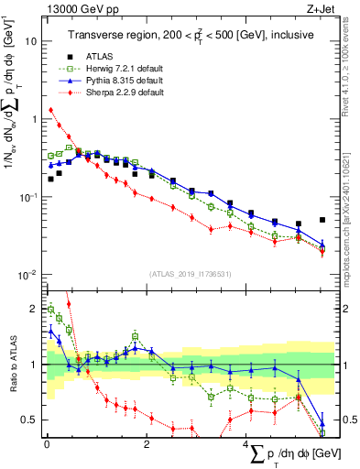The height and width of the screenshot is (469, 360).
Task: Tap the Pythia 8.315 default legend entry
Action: pyautogui.click(x=125, y=82)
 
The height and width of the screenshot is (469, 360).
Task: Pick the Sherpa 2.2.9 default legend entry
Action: pyautogui.click(x=125, y=93)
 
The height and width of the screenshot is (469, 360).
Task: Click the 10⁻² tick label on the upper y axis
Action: pyautogui.click(x=29, y=275)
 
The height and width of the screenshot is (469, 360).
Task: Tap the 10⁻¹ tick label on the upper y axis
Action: pyautogui.click(x=29, y=197)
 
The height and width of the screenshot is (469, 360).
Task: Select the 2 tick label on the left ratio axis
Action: pyautogui.click(x=33, y=309)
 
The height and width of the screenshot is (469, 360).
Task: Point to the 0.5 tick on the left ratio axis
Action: pyautogui.click(x=29, y=420)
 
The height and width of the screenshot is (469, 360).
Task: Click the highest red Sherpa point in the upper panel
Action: pyautogui.click(x=50, y=111)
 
